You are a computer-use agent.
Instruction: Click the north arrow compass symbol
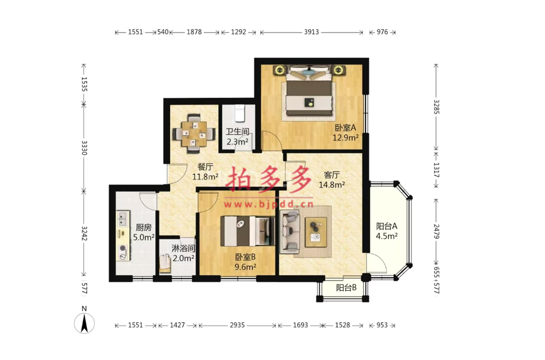[x=84, y=323]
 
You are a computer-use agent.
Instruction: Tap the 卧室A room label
[x=345, y=128]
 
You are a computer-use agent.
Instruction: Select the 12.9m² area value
[x=346, y=137]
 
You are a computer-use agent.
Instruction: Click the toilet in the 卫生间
[x=239, y=113]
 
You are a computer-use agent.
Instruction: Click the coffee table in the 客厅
[x=315, y=232]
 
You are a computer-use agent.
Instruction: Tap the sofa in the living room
[x=290, y=230]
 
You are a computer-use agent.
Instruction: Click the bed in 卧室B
[x=247, y=231]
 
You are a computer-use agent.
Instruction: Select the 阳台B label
[x=346, y=287]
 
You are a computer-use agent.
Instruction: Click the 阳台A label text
[x=387, y=226]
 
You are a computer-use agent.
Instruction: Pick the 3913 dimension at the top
[x=311, y=32]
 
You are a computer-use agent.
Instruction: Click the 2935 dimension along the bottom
[x=237, y=325]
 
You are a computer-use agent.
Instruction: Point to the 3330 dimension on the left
[x=84, y=147]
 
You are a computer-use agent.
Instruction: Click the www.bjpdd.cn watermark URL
[x=269, y=204]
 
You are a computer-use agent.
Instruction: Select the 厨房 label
[x=143, y=228]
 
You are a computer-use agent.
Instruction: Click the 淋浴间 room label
[x=183, y=249]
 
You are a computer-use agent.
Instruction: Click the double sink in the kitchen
[x=122, y=218]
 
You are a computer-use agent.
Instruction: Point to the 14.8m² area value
[x=332, y=185]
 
